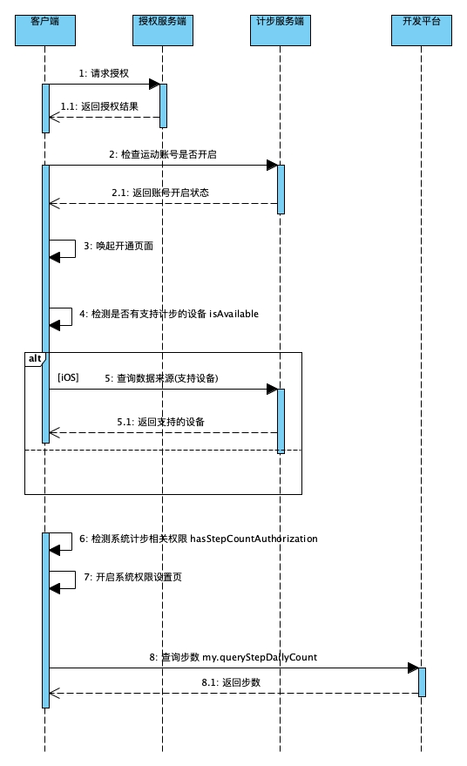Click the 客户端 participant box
45,31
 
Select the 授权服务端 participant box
163,31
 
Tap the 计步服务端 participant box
281,31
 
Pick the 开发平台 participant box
422,31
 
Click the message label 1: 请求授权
104,73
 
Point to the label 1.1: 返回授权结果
99,106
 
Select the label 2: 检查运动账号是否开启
163,154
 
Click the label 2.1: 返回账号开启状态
160,193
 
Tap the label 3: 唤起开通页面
118,246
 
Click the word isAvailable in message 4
234,314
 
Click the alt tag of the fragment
35,358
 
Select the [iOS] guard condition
68,377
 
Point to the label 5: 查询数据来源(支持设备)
161,378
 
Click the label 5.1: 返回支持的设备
160,422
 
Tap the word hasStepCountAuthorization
254,539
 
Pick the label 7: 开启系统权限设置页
133,577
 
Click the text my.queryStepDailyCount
260,657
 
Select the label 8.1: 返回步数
231,682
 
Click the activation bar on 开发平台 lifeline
422,682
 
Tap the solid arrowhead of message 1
154,84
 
